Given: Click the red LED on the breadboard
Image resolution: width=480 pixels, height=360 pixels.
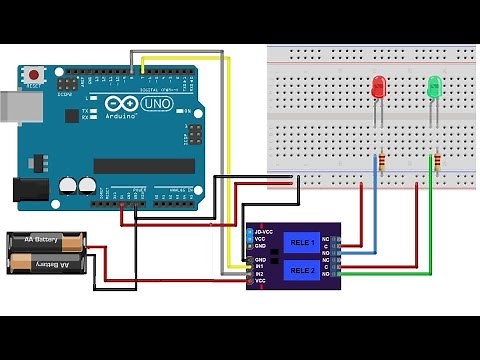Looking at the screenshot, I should tap(379, 88).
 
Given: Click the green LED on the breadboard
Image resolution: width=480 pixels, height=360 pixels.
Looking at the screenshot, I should tap(435, 88).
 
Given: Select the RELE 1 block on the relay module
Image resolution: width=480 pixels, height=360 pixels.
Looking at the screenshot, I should tap(301, 242).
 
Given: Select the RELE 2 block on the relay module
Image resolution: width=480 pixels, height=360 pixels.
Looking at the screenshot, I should tap(301, 270).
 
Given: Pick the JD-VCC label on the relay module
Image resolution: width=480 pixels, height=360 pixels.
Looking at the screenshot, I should tap(265, 233).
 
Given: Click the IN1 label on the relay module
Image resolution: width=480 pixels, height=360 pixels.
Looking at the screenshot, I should tap(260, 266).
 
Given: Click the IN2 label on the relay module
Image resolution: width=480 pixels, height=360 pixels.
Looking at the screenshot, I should tap(260, 274).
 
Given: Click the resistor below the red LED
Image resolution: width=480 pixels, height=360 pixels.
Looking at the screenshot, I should tap(379, 160).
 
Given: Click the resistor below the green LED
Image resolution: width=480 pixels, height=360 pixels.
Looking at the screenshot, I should tap(436, 160).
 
